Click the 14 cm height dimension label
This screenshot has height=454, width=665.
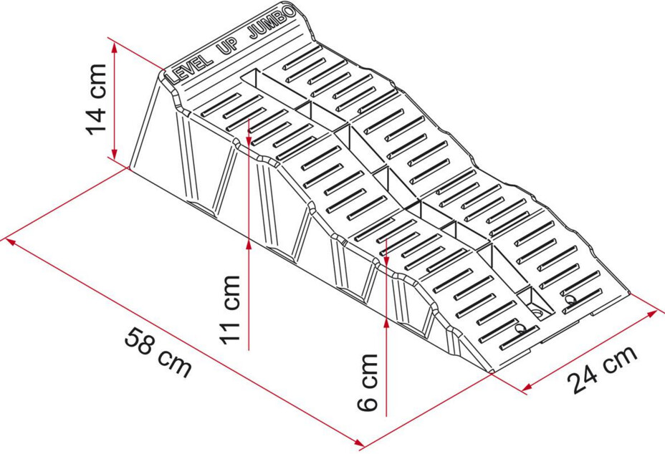pyautogui.click(x=96, y=100)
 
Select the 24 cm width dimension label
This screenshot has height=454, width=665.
pyautogui.click(x=602, y=369)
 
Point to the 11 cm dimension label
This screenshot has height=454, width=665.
pyautogui.click(x=230, y=309)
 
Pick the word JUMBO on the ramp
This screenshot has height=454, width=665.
pyautogui.click(x=272, y=24)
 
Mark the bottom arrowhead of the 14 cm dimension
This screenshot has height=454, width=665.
pyautogui.click(x=114, y=153)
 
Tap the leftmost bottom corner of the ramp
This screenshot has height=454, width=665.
pyautogui.click(x=129, y=168)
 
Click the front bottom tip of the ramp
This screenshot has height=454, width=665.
pyautogui.click(x=492, y=373)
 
